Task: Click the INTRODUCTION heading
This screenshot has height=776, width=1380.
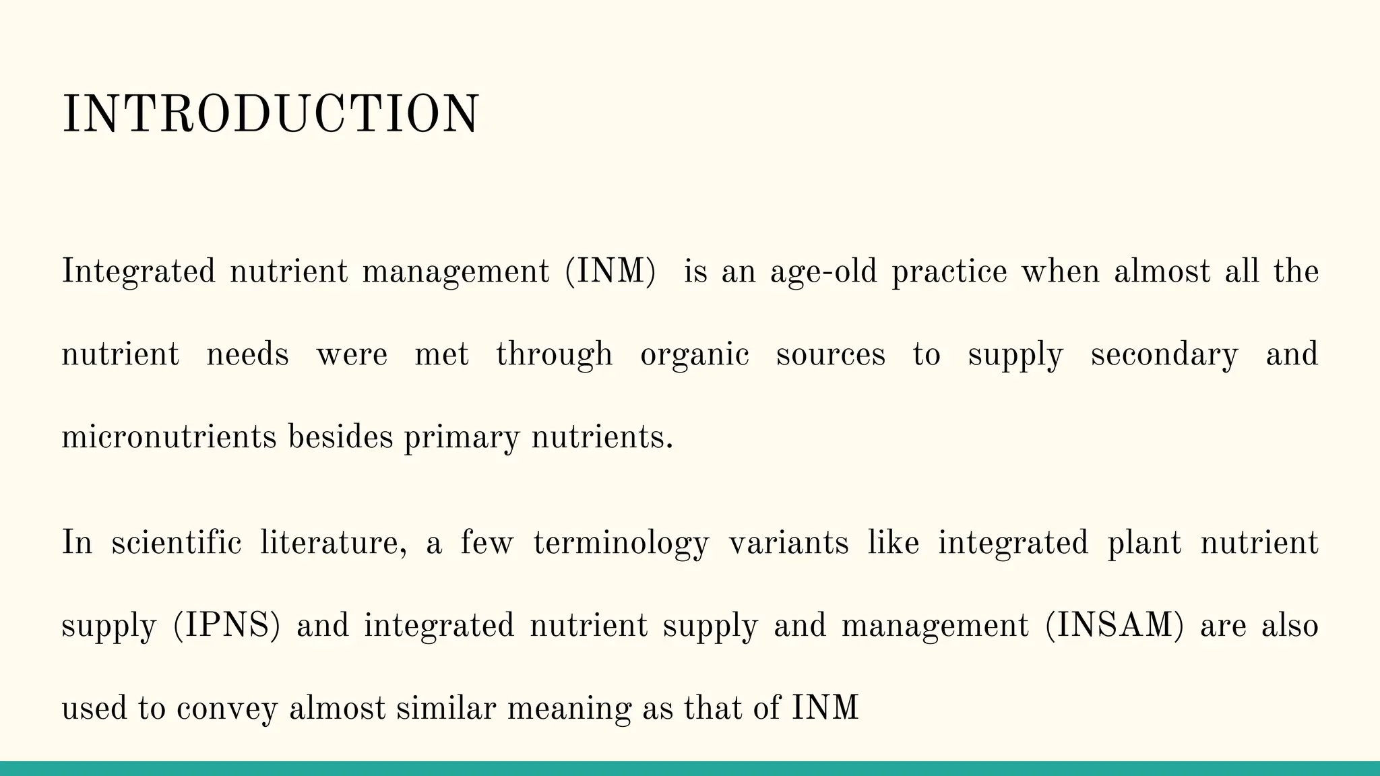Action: tap(270, 115)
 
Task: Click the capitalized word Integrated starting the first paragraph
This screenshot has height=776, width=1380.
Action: tap(138, 272)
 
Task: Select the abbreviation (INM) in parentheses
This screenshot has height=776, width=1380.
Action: tap(610, 272)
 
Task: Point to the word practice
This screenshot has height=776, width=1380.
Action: tap(949, 272)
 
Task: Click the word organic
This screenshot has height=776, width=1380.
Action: tap(694, 355)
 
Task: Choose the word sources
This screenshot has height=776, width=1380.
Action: tap(830, 355)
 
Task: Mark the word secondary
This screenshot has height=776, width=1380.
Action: tap(1164, 355)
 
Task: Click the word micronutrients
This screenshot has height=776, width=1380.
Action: tap(169, 437)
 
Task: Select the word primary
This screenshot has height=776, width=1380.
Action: tap(462, 439)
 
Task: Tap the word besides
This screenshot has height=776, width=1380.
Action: tap(340, 437)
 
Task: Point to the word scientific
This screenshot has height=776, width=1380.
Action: tap(177, 543)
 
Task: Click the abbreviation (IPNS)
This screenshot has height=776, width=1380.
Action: tap(226, 626)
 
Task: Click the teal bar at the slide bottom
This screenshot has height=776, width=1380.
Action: tap(690, 769)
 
